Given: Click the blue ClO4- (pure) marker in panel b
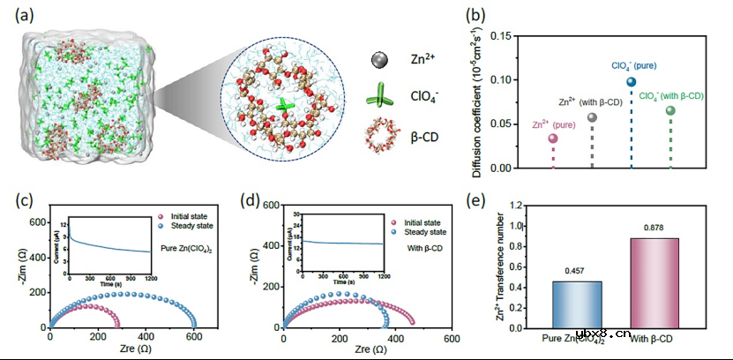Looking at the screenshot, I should (x=632, y=82).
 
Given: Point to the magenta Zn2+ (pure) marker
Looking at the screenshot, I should (x=553, y=139).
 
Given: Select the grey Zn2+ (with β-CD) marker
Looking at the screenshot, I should (x=593, y=116).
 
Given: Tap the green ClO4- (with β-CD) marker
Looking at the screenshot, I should (x=670, y=111).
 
